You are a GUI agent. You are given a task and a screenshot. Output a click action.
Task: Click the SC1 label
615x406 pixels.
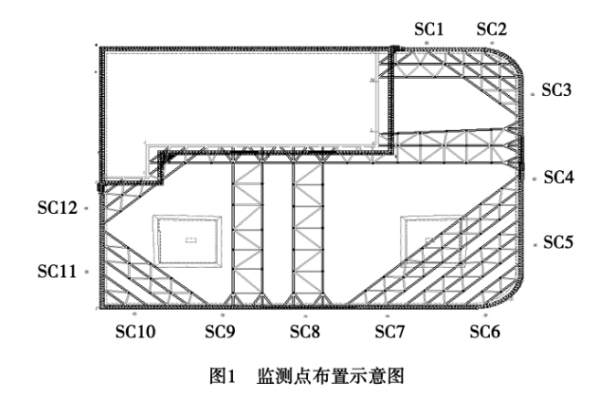pyautogui.click(x=429, y=29)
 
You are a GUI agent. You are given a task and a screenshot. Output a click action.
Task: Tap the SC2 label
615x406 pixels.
pyautogui.click(x=491, y=29)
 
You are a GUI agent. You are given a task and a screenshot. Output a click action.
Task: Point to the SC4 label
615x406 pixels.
pyautogui.click(x=558, y=177)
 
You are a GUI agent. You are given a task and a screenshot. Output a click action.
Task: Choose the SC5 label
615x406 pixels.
pyautogui.click(x=557, y=242)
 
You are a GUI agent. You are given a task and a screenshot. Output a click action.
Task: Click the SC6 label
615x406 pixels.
pyautogui.click(x=485, y=330)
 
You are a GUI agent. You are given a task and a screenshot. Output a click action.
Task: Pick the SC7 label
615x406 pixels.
pyautogui.click(x=390, y=330)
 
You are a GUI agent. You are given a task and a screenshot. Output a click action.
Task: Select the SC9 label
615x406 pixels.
pyautogui.click(x=219, y=330)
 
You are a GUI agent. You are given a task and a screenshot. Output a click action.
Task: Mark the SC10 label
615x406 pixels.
pyautogui.click(x=134, y=330)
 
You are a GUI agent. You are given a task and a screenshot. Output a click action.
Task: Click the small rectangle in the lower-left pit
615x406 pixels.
pyautogui.click(x=190, y=240)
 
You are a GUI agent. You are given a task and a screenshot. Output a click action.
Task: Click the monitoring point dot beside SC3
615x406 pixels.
pyautogui.click(x=533, y=92)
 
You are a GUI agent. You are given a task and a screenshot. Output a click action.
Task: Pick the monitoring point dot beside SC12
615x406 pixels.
pyautogui.click(x=86, y=208)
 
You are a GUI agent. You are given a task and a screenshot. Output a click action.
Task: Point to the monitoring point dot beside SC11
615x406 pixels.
pyautogui.click(x=85, y=272)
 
